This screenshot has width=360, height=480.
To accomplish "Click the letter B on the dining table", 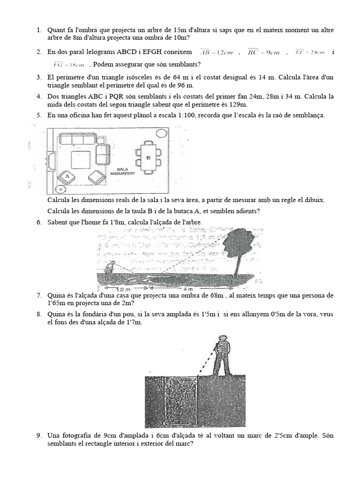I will tap(148, 158).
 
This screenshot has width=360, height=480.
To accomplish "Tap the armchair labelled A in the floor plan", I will tap(67, 177).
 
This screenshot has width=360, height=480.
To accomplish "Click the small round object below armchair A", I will tap(60, 189).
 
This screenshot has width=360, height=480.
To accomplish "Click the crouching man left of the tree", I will tap(109, 268).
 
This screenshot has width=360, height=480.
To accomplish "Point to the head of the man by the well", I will tap(224, 340).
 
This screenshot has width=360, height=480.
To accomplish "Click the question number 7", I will tap(39, 296).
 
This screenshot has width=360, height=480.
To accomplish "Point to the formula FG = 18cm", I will tap(68, 65).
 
